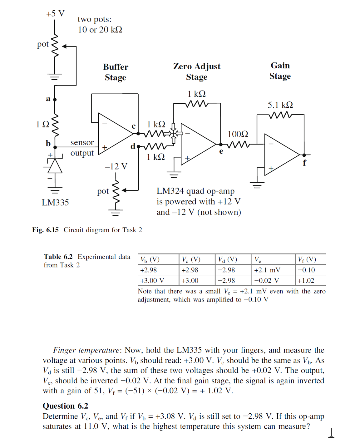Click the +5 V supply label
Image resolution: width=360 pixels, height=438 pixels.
[x=55, y=14]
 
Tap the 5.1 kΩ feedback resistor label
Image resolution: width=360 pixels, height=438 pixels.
[x=280, y=105]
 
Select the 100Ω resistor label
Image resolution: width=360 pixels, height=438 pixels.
[x=238, y=134]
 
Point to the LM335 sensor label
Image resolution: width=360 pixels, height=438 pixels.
[x=55, y=203]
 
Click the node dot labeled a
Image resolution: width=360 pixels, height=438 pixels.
[x=55, y=100]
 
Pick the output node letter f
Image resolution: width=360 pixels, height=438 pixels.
[x=304, y=163]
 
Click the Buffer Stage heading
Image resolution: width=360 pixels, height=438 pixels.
[x=116, y=72]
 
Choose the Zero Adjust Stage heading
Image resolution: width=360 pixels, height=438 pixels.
[x=197, y=71]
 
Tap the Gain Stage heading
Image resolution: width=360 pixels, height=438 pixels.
[x=280, y=71]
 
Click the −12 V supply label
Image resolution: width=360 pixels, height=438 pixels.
[x=116, y=166]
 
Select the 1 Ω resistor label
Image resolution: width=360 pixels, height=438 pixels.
[x=42, y=125]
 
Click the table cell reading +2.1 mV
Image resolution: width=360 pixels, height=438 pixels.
[x=267, y=270]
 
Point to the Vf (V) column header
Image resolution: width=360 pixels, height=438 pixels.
[x=307, y=259]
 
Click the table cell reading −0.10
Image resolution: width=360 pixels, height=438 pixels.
[x=306, y=270]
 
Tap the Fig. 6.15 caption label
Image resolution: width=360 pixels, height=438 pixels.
[x=45, y=230]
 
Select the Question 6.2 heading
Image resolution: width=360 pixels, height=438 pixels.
[x=66, y=406]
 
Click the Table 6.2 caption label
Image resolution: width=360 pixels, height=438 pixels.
[x=58, y=257]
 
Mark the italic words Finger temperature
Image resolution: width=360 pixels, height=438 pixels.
[x=86, y=350]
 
